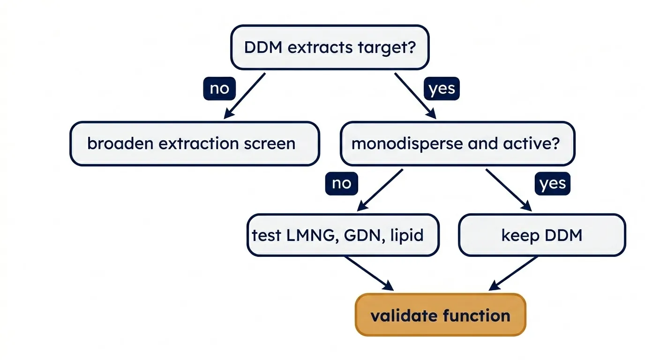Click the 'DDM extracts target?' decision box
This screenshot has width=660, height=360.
(x=330, y=47)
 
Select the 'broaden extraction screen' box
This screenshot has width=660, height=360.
(x=195, y=143)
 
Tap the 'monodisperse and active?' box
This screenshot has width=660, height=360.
(x=457, y=143)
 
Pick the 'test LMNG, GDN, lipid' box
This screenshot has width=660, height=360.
(x=343, y=235)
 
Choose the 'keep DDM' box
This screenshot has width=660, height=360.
(x=542, y=235)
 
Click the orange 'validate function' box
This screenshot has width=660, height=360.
(x=441, y=315)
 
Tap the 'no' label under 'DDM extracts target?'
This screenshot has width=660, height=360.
(x=219, y=89)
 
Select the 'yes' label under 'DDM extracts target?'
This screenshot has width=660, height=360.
(x=442, y=89)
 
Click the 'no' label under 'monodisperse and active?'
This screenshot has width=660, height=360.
(x=342, y=183)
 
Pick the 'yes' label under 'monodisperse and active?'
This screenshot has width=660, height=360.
(x=553, y=183)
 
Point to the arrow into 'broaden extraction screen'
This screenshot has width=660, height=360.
(x=245, y=96)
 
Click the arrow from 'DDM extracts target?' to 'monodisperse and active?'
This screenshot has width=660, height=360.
(x=415, y=96)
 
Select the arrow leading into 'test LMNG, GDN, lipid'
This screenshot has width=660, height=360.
(x=380, y=190)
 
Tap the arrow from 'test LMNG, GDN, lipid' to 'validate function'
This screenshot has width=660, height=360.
(x=369, y=274)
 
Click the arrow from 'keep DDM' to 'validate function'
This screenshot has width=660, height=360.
(x=513, y=274)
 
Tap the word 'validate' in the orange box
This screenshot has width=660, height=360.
(x=404, y=315)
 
